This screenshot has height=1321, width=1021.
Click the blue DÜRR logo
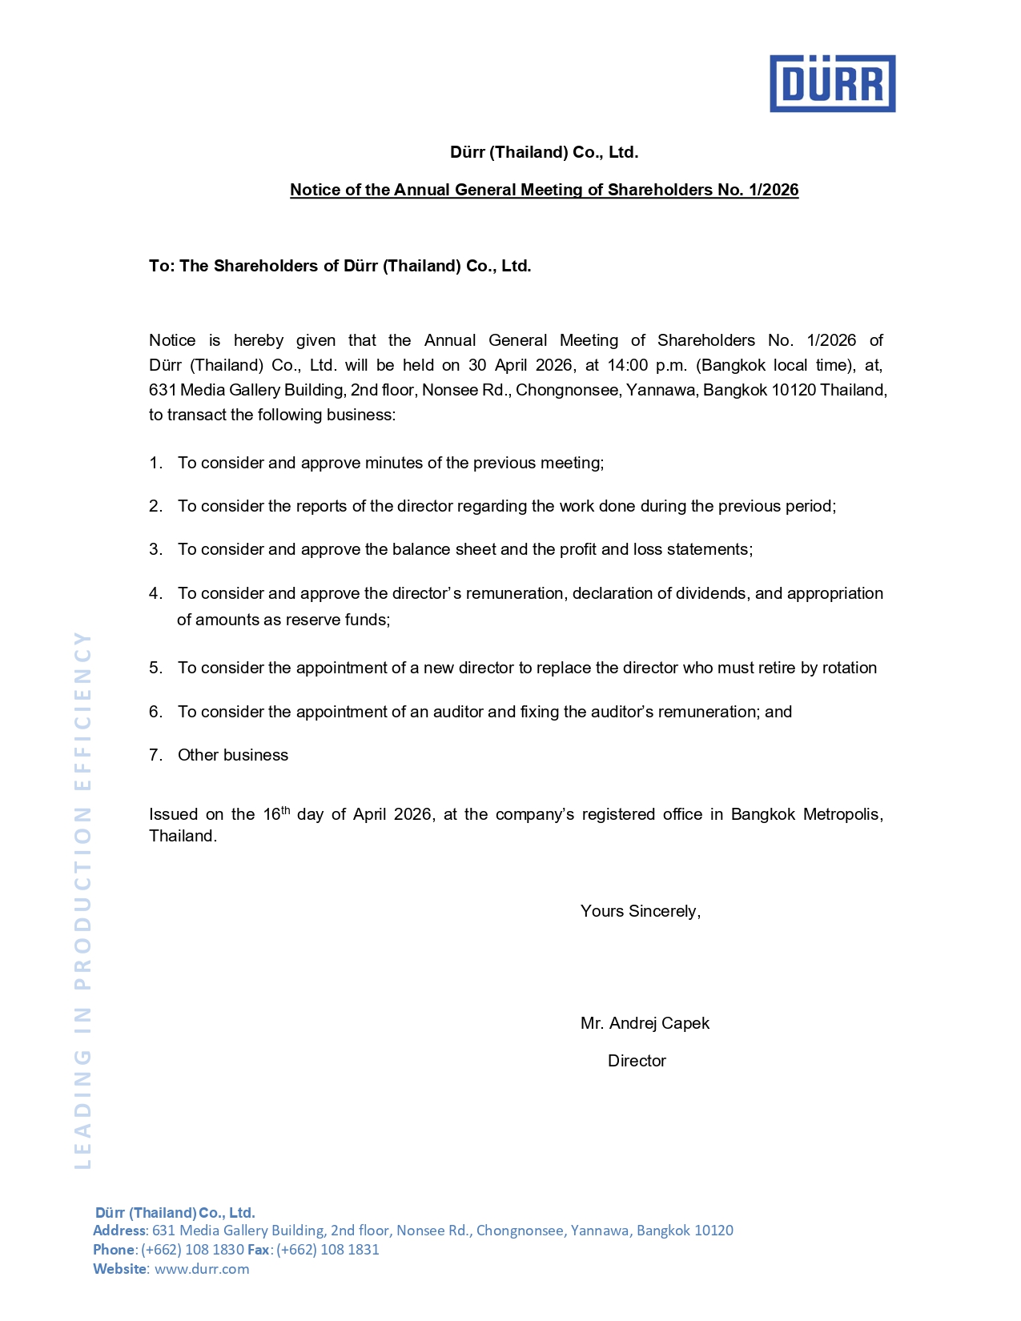coord(832,83)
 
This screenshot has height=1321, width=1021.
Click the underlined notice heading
coord(544,190)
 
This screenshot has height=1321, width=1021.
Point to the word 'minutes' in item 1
coord(391,463)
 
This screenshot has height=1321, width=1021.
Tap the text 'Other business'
coord(233,755)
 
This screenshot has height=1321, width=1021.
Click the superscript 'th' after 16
coord(285,810)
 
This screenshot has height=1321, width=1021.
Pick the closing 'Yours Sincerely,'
coord(641,911)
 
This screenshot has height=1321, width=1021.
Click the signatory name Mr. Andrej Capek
coord(645,1023)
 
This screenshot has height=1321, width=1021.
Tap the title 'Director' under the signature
coord(637,1061)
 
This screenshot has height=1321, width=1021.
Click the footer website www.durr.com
coord(202,1269)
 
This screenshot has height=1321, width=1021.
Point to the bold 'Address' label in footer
coord(119,1231)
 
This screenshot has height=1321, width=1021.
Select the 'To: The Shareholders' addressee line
coord(340,266)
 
